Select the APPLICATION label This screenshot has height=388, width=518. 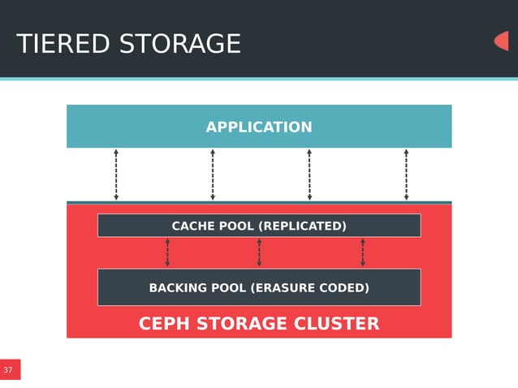(x=258, y=127)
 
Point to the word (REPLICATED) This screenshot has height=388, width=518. (x=302, y=226)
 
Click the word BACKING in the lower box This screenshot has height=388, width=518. (x=178, y=287)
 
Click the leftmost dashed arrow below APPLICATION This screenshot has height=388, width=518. (x=116, y=175)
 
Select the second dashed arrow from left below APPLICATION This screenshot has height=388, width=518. (x=213, y=175)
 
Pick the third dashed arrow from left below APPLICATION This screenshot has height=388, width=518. (x=309, y=175)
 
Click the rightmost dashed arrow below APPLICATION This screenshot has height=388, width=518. (x=406, y=175)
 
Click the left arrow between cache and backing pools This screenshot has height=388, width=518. (x=167, y=252)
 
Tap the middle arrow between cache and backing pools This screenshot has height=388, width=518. (x=259, y=252)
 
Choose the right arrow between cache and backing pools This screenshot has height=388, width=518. (x=362, y=252)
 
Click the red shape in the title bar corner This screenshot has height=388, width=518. (x=501, y=41)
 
